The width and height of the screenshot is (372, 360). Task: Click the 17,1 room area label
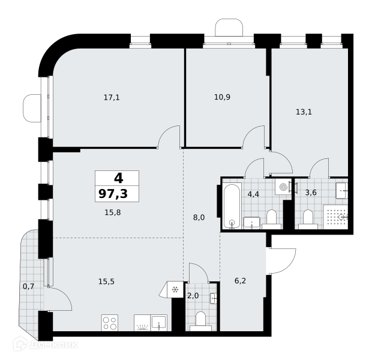coord(112,97)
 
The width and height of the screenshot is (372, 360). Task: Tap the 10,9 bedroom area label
coord(222,97)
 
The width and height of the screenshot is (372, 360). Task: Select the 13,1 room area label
coord(304,112)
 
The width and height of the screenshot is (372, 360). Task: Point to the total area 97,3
coord(113,194)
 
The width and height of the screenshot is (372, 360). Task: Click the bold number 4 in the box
coord(119,178)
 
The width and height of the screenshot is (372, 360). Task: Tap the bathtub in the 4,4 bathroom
coord(232,206)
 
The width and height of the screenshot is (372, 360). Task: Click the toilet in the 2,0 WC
coord(201,321)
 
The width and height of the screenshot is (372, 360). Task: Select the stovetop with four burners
coord(110,323)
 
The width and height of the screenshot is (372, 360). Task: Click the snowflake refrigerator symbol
coord(175,290)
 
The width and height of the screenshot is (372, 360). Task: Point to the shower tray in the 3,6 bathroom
coord(335,217)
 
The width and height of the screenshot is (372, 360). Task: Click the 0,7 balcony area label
coord(28,287)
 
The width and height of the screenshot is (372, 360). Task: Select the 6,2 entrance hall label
coord(240,281)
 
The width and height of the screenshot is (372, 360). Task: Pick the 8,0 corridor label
coord(199,217)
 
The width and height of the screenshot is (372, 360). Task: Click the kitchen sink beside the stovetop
coord(159,323)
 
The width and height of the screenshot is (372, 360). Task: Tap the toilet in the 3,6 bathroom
coord(308,219)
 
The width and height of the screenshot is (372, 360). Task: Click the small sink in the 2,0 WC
coord(214,298)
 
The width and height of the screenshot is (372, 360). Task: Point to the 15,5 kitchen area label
coord(107,281)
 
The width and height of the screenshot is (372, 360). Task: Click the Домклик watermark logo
coord(45,344)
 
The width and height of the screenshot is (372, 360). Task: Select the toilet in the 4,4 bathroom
coord(272,219)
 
